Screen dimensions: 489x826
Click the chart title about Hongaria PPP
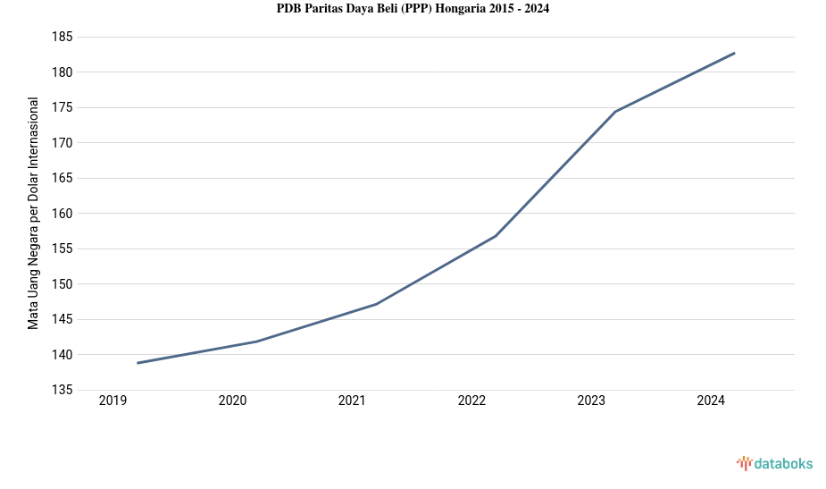click(x=413, y=9)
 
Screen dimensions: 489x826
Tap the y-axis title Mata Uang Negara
click(x=33, y=213)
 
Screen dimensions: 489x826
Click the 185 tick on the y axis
click(x=62, y=38)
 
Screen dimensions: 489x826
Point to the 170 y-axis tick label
click(x=62, y=143)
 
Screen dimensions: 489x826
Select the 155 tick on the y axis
click(x=62, y=249)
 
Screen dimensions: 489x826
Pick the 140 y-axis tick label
click(x=62, y=355)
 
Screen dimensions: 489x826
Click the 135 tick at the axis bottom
click(x=62, y=390)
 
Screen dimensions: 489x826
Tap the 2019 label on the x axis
click(x=113, y=401)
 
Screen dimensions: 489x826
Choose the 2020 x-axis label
click(x=232, y=401)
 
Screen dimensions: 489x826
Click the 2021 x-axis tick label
click(x=352, y=401)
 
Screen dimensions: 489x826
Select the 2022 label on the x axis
click(x=471, y=401)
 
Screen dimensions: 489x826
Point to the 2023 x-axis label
click(x=591, y=401)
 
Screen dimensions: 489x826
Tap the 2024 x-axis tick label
click(x=711, y=401)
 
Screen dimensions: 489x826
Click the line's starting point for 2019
click(x=138, y=363)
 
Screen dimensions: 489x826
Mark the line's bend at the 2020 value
click(x=257, y=341)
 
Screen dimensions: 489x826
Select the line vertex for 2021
click(x=377, y=304)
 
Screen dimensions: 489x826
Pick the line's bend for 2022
click(x=496, y=236)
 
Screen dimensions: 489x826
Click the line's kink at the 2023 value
click(x=615, y=112)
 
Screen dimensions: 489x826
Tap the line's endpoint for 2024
click(x=735, y=53)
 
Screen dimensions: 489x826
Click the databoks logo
click(x=774, y=463)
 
